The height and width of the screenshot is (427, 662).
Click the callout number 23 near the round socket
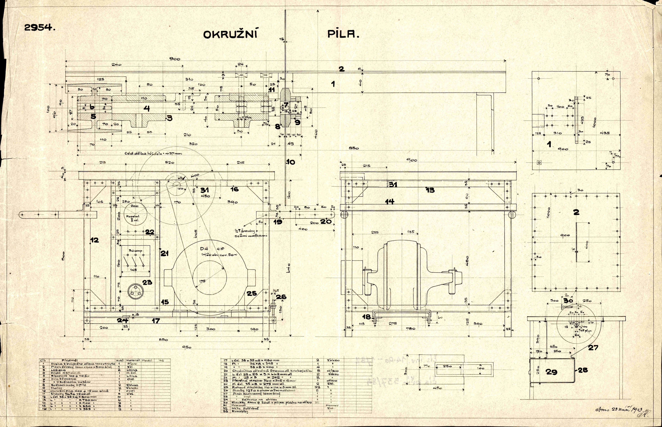tap(147, 282)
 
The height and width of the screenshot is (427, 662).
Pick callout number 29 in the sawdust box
tap(551, 372)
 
